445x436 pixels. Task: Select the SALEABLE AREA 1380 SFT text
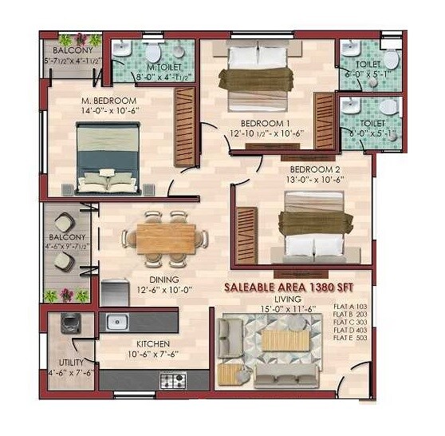pos(289,286)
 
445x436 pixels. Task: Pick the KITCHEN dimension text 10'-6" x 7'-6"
pos(152,356)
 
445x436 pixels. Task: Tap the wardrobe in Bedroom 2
pos(247,235)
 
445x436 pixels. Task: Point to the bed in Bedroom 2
pos(313,228)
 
